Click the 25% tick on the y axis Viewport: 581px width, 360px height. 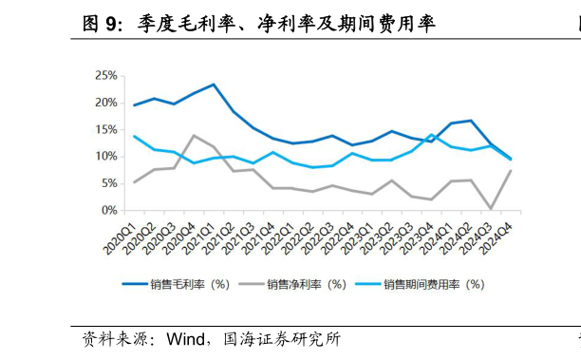[x=105, y=75]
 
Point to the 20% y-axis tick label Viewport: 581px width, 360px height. [x=105, y=103]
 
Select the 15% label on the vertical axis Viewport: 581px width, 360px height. [x=105, y=129]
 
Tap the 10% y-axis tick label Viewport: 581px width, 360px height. [x=105, y=156]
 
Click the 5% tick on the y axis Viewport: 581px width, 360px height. [x=108, y=183]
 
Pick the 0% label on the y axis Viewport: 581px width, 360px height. [x=108, y=210]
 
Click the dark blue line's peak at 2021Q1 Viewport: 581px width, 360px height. [x=214, y=85]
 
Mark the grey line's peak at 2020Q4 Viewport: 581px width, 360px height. [x=194, y=136]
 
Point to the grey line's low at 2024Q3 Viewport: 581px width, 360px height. [x=490, y=208]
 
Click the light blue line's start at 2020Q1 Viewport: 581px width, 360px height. [x=135, y=136]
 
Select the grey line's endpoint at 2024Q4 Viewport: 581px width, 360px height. [x=510, y=171]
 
